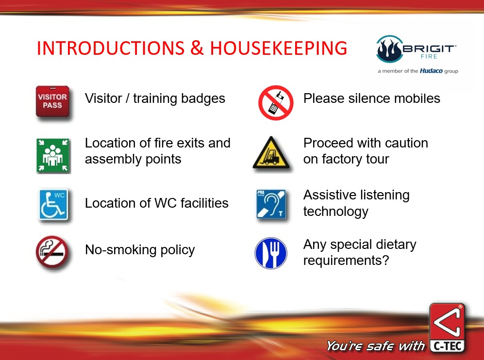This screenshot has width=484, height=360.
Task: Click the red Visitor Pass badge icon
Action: point(52,101)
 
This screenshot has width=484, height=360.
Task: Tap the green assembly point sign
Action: point(53,155)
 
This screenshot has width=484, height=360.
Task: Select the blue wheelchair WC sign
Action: point(53,205)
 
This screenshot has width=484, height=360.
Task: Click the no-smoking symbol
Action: point(52,252)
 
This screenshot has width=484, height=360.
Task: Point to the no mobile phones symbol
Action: point(276,103)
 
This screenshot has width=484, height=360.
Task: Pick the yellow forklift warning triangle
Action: point(271,153)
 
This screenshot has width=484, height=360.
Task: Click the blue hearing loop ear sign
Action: point(271,204)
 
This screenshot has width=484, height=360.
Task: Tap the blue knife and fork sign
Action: point(271,253)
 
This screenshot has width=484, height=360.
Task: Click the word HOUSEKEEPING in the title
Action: point(279,48)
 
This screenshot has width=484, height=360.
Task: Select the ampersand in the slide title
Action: point(197,48)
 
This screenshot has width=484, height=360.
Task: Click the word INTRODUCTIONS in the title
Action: point(111,48)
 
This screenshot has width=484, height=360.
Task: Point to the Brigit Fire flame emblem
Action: point(389,49)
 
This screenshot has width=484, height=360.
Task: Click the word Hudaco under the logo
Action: point(431,71)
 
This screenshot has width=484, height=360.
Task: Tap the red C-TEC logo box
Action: point(447,327)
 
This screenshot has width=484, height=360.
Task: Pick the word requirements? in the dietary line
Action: point(346,261)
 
